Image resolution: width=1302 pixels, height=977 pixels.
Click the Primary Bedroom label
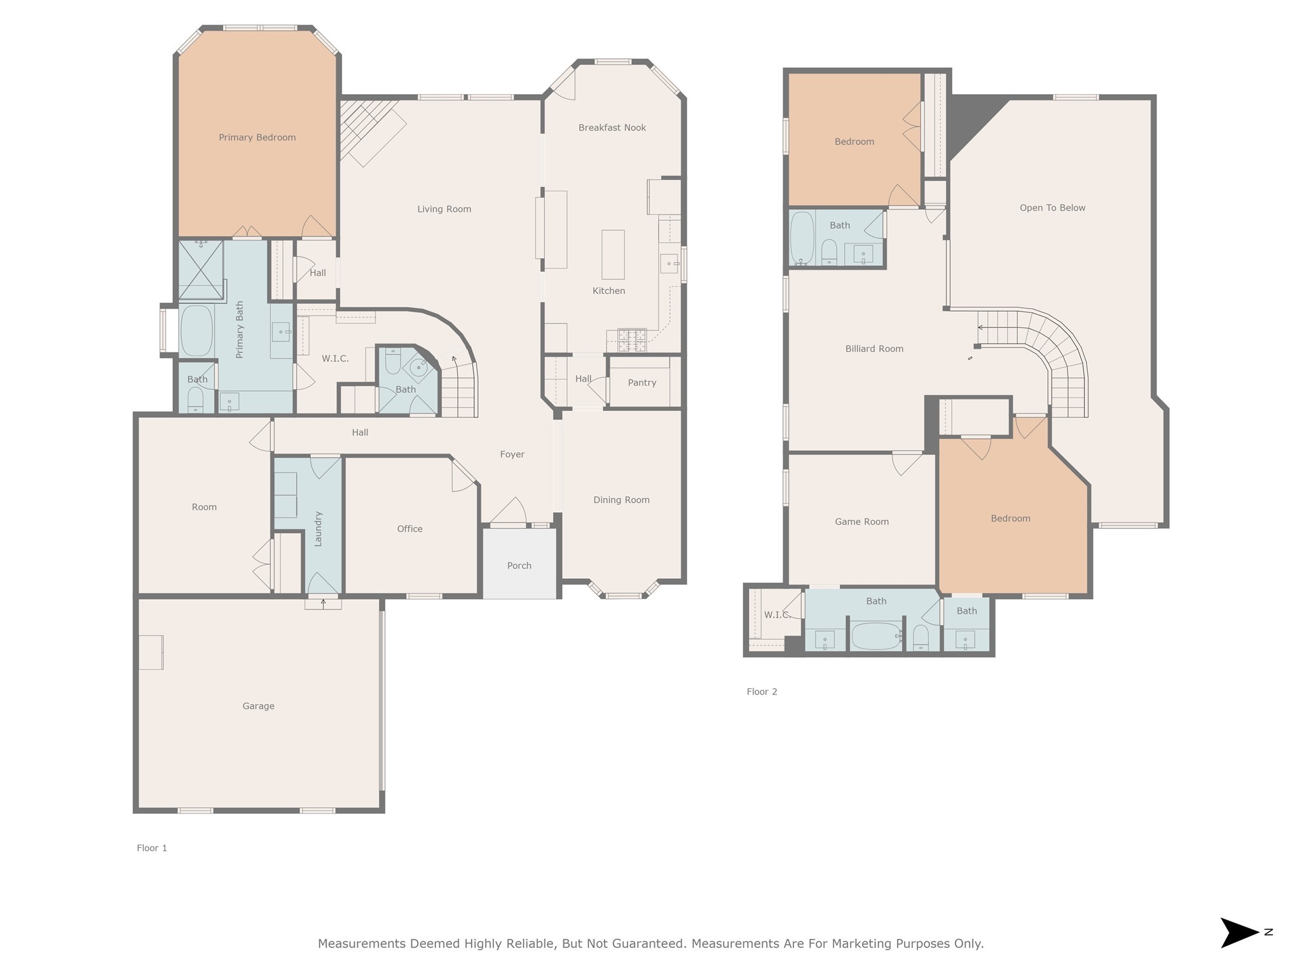tap(257, 137)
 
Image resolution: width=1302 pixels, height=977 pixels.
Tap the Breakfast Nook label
tap(612, 128)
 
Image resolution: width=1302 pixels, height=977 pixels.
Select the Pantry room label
tap(642, 383)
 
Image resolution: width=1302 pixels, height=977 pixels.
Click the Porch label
tap(519, 565)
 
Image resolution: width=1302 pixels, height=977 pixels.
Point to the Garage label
tap(258, 706)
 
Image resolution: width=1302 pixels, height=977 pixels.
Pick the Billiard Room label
tap(874, 349)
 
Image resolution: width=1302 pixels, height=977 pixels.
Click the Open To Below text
tap(1052, 208)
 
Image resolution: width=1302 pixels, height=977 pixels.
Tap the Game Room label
tap(861, 522)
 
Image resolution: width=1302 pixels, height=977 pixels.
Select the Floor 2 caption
tap(762, 692)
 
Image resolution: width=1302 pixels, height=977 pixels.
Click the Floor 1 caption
tap(152, 848)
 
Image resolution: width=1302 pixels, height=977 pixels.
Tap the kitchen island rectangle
tap(613, 254)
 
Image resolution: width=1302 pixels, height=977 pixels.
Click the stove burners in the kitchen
tap(632, 340)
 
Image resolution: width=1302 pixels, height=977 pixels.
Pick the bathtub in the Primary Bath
tap(196, 331)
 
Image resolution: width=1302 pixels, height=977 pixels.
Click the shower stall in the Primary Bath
tap(201, 270)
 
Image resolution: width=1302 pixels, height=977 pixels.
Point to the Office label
tap(409, 529)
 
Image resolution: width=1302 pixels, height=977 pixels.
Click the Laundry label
tap(319, 529)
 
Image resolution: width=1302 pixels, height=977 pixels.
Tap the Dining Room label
tap(621, 500)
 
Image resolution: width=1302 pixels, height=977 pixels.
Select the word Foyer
tap(512, 455)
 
